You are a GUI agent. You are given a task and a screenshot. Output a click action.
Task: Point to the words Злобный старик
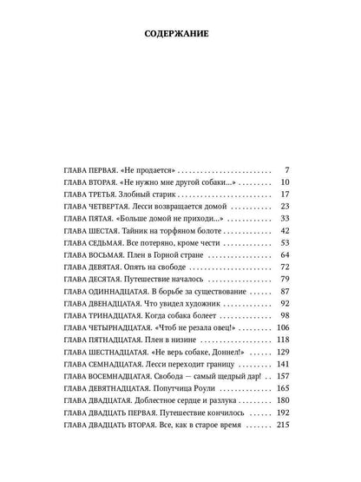pos(143,200)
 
